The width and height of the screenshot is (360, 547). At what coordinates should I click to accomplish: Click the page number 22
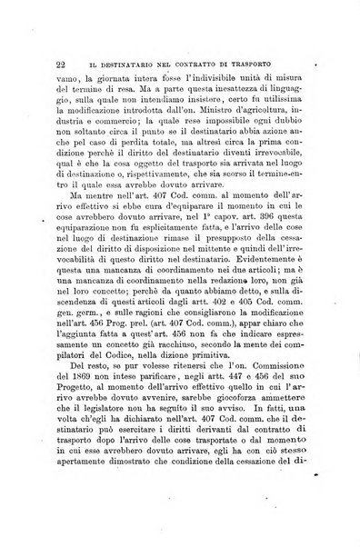click(x=34, y=65)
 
